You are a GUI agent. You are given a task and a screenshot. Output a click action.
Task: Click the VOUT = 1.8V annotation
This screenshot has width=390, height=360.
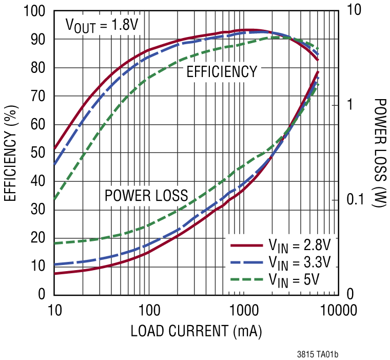tap(102, 25)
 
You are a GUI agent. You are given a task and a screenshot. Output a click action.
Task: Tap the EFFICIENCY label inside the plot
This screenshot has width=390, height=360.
tap(222, 72)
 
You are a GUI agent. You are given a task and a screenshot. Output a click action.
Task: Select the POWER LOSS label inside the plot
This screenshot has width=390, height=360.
tap(146, 195)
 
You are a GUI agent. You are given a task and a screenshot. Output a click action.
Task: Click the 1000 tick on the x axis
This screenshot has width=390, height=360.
tap(243, 310)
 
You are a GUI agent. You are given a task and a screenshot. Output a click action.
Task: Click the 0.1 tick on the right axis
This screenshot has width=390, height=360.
tap(354, 200)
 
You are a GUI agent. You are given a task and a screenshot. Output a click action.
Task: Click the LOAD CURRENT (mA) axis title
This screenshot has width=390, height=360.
tap(197, 331)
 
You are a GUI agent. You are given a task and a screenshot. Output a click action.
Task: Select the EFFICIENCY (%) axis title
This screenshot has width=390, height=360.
tap(11, 153)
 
